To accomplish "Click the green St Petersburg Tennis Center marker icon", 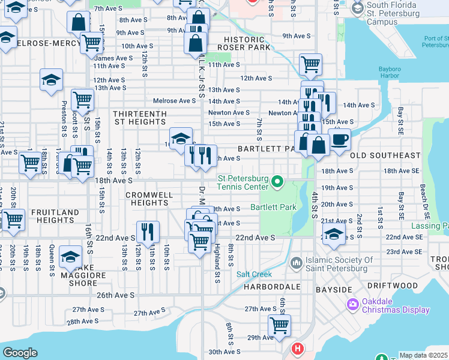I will click(x=277, y=181).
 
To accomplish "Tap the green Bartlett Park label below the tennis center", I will click(x=274, y=207).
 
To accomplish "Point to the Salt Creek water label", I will click(x=254, y=274).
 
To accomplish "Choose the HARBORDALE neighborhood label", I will click(x=271, y=287).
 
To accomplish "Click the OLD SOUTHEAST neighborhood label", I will click(x=385, y=155).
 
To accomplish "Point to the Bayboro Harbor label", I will click(x=389, y=73).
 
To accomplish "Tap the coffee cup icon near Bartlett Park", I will click(x=339, y=139).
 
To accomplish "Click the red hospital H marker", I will click(x=297, y=349).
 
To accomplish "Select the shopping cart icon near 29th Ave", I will click(x=279, y=325).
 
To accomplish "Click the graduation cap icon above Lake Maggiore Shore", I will click(x=70, y=257).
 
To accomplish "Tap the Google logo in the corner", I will click(x=20, y=353).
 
